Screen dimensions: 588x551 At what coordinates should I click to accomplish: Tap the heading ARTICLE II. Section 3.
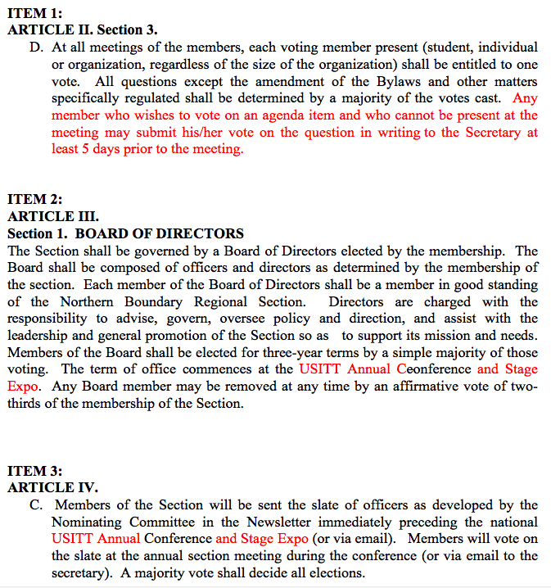pyautogui.click(x=82, y=30)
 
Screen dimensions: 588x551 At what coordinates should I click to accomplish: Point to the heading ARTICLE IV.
pyautogui.click(x=52, y=488)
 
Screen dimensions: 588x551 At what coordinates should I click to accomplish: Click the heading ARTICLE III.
pyautogui.click(x=52, y=217)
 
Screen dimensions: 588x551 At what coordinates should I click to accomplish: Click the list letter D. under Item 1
pyautogui.click(x=35, y=47)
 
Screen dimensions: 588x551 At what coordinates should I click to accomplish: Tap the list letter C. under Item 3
pyautogui.click(x=35, y=505)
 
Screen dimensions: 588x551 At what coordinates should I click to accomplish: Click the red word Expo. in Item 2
pyautogui.click(x=24, y=386)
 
